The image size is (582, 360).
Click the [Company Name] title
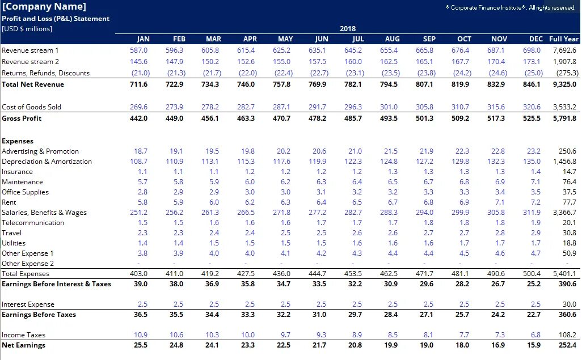[44, 7]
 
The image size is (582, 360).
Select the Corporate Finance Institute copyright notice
[511, 7]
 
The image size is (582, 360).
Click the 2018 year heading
[348, 28]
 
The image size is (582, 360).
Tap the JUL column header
[358, 39]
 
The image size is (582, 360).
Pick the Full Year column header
[563, 39]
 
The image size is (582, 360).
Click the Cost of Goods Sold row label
[31, 107]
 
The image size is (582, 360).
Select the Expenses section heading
[18, 141]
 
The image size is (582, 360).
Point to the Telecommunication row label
[33, 223]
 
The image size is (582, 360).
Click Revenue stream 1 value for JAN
[138, 50]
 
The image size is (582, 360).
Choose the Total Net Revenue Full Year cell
[564, 84]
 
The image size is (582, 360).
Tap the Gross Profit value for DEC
[533, 118]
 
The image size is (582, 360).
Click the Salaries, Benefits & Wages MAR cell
[210, 213]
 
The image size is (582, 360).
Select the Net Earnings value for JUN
[319, 345]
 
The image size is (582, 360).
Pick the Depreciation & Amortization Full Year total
[565, 162]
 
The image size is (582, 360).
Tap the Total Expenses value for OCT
[462, 274]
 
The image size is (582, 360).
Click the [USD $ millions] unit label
[27, 28]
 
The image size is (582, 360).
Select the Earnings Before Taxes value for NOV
[498, 315]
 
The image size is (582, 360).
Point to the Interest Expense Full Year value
[569, 304]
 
